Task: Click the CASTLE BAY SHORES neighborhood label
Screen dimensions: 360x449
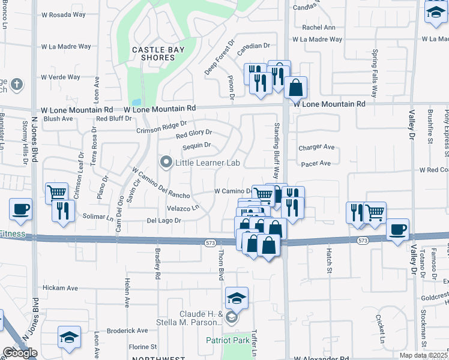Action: click(x=154, y=52)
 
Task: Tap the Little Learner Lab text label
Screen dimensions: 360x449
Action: click(x=207, y=163)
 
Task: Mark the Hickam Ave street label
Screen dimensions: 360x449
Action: click(x=60, y=288)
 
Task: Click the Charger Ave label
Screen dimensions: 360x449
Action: click(x=316, y=147)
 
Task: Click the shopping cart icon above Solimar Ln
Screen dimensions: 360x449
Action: click(x=56, y=193)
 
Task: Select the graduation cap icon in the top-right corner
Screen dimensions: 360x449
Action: click(x=436, y=11)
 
